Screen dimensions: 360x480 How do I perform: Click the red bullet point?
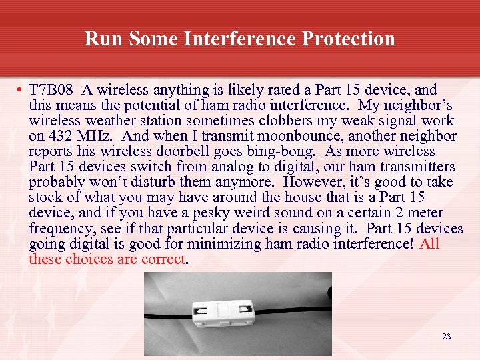click(x=21, y=91)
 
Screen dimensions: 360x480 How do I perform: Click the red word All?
click(x=430, y=243)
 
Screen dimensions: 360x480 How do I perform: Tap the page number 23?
click(x=446, y=337)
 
